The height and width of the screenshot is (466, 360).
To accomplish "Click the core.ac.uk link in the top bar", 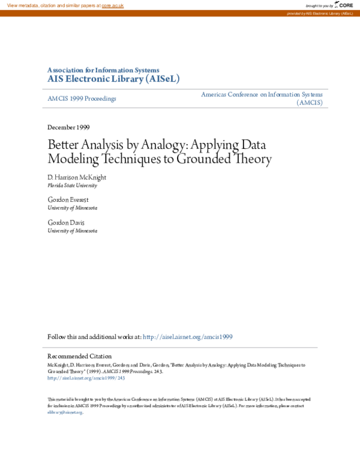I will click(112, 5).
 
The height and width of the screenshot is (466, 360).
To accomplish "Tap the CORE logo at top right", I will click(344, 5).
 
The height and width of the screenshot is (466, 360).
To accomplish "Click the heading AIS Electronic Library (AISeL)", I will click(113, 79).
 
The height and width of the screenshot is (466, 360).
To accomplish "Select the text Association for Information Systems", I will click(103, 70).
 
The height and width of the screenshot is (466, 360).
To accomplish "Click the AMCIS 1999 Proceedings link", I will click(82, 98).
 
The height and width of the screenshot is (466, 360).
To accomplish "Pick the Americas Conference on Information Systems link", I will click(262, 95).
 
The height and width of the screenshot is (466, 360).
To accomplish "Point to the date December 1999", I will click(69, 127).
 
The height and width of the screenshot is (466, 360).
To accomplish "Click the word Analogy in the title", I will click(167, 146).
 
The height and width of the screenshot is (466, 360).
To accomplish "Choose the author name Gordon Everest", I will click(68, 199).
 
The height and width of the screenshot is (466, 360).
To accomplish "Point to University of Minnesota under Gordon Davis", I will click(72, 231).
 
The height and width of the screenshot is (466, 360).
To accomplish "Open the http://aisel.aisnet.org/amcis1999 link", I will click(188, 337).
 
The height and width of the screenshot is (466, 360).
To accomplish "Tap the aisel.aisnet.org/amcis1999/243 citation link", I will click(86, 378).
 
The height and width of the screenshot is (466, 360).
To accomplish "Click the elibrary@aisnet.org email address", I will click(65, 412).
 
